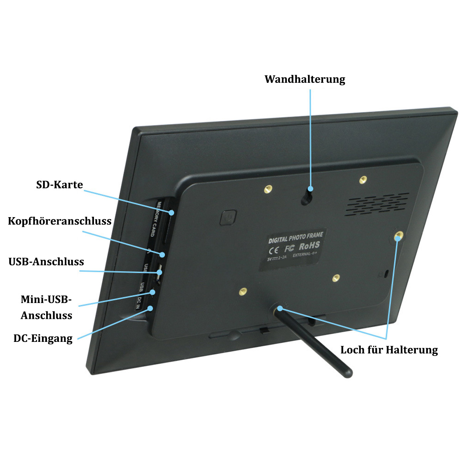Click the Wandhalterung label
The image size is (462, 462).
pos(305,79)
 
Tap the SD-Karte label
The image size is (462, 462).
pos(60,185)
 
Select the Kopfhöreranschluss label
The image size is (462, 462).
pos(60,221)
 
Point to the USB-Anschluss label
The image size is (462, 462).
pos(46,262)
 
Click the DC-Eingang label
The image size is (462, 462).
pos(43,338)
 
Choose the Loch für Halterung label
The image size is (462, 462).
pos(389,350)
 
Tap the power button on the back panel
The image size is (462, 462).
pos(228,217)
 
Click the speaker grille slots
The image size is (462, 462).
pos(377,204)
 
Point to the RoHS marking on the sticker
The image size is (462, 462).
pos(309,246)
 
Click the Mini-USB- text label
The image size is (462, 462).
pos(46,300)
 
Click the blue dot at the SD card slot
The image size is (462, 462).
pos(171,213)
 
